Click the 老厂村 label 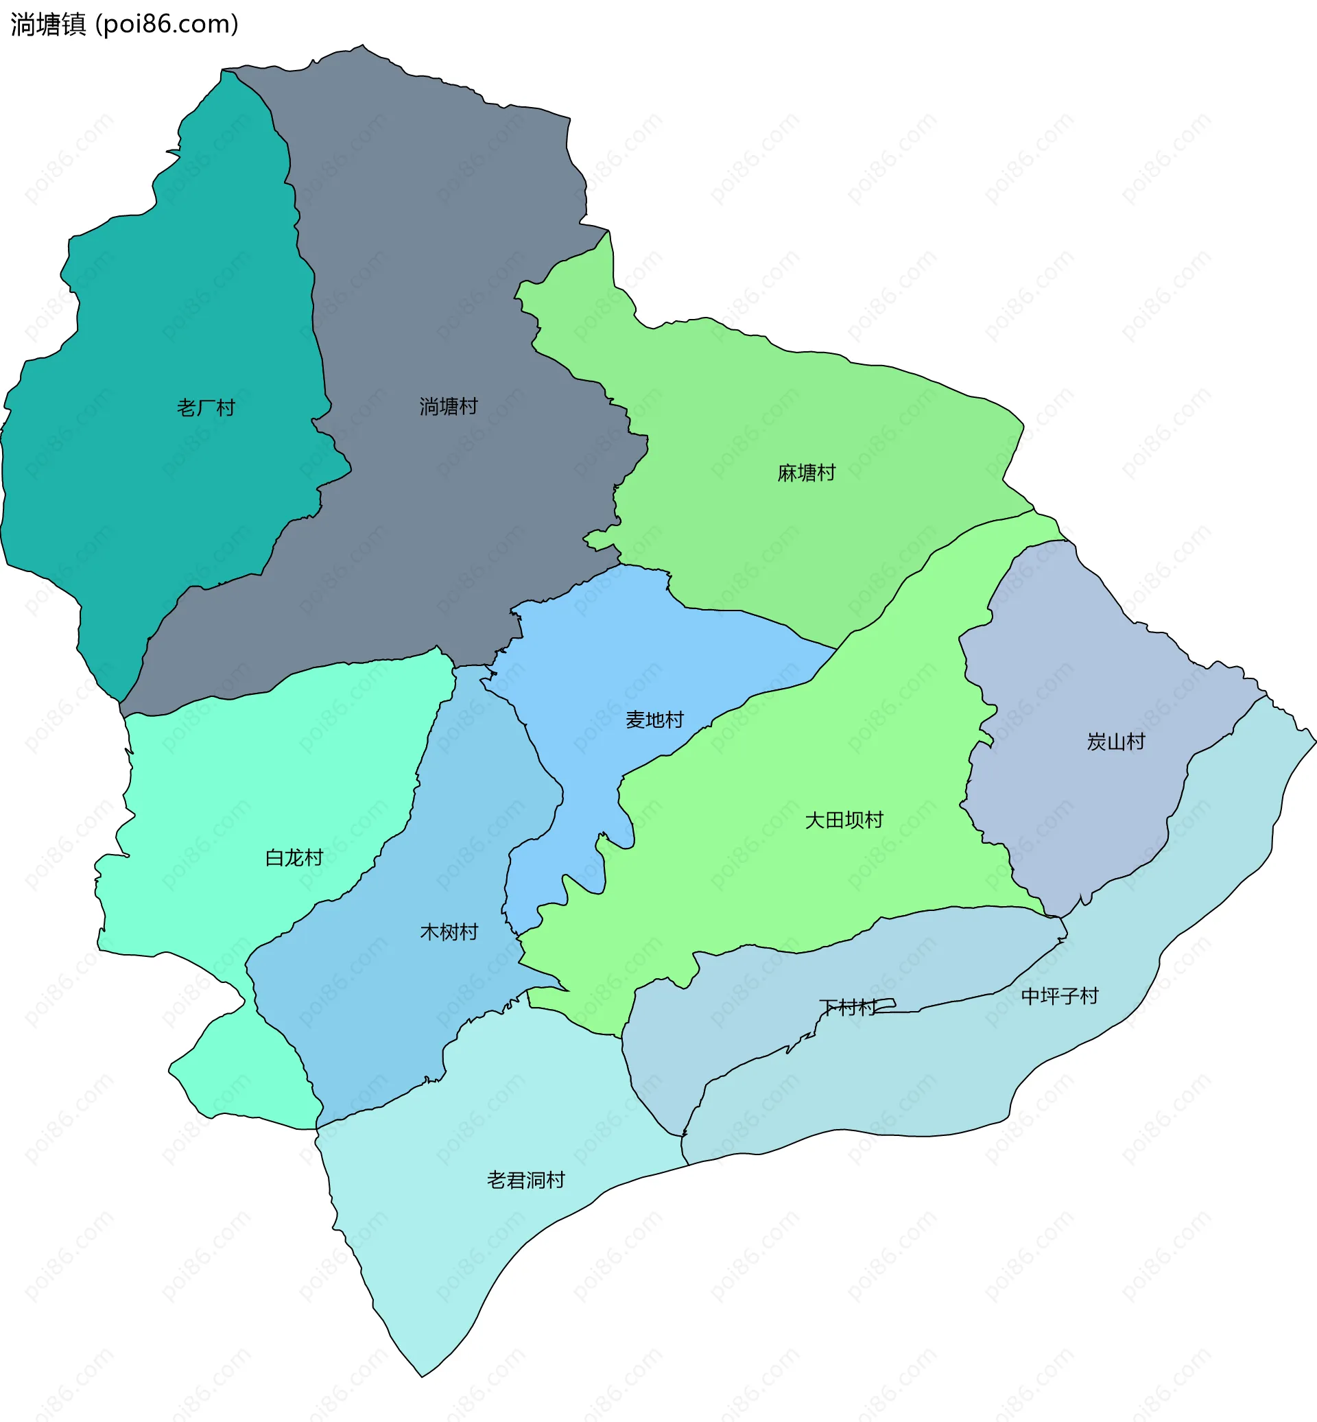tap(206, 407)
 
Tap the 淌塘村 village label tap(449, 406)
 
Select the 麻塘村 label tap(806, 473)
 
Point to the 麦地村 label tap(654, 720)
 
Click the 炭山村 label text tap(1115, 742)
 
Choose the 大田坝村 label tap(844, 820)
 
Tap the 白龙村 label tap(294, 857)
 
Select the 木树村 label tap(449, 932)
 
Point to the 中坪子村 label tap(1060, 997)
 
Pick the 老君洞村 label tap(526, 1181)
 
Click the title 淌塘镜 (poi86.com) tap(125, 24)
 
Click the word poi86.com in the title tap(167, 24)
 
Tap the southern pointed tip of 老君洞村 tap(423, 1375)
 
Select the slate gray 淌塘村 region tap(442, 250)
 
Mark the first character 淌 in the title tap(22, 24)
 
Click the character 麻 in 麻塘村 tap(787, 473)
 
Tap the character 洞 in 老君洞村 tap(536, 1181)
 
